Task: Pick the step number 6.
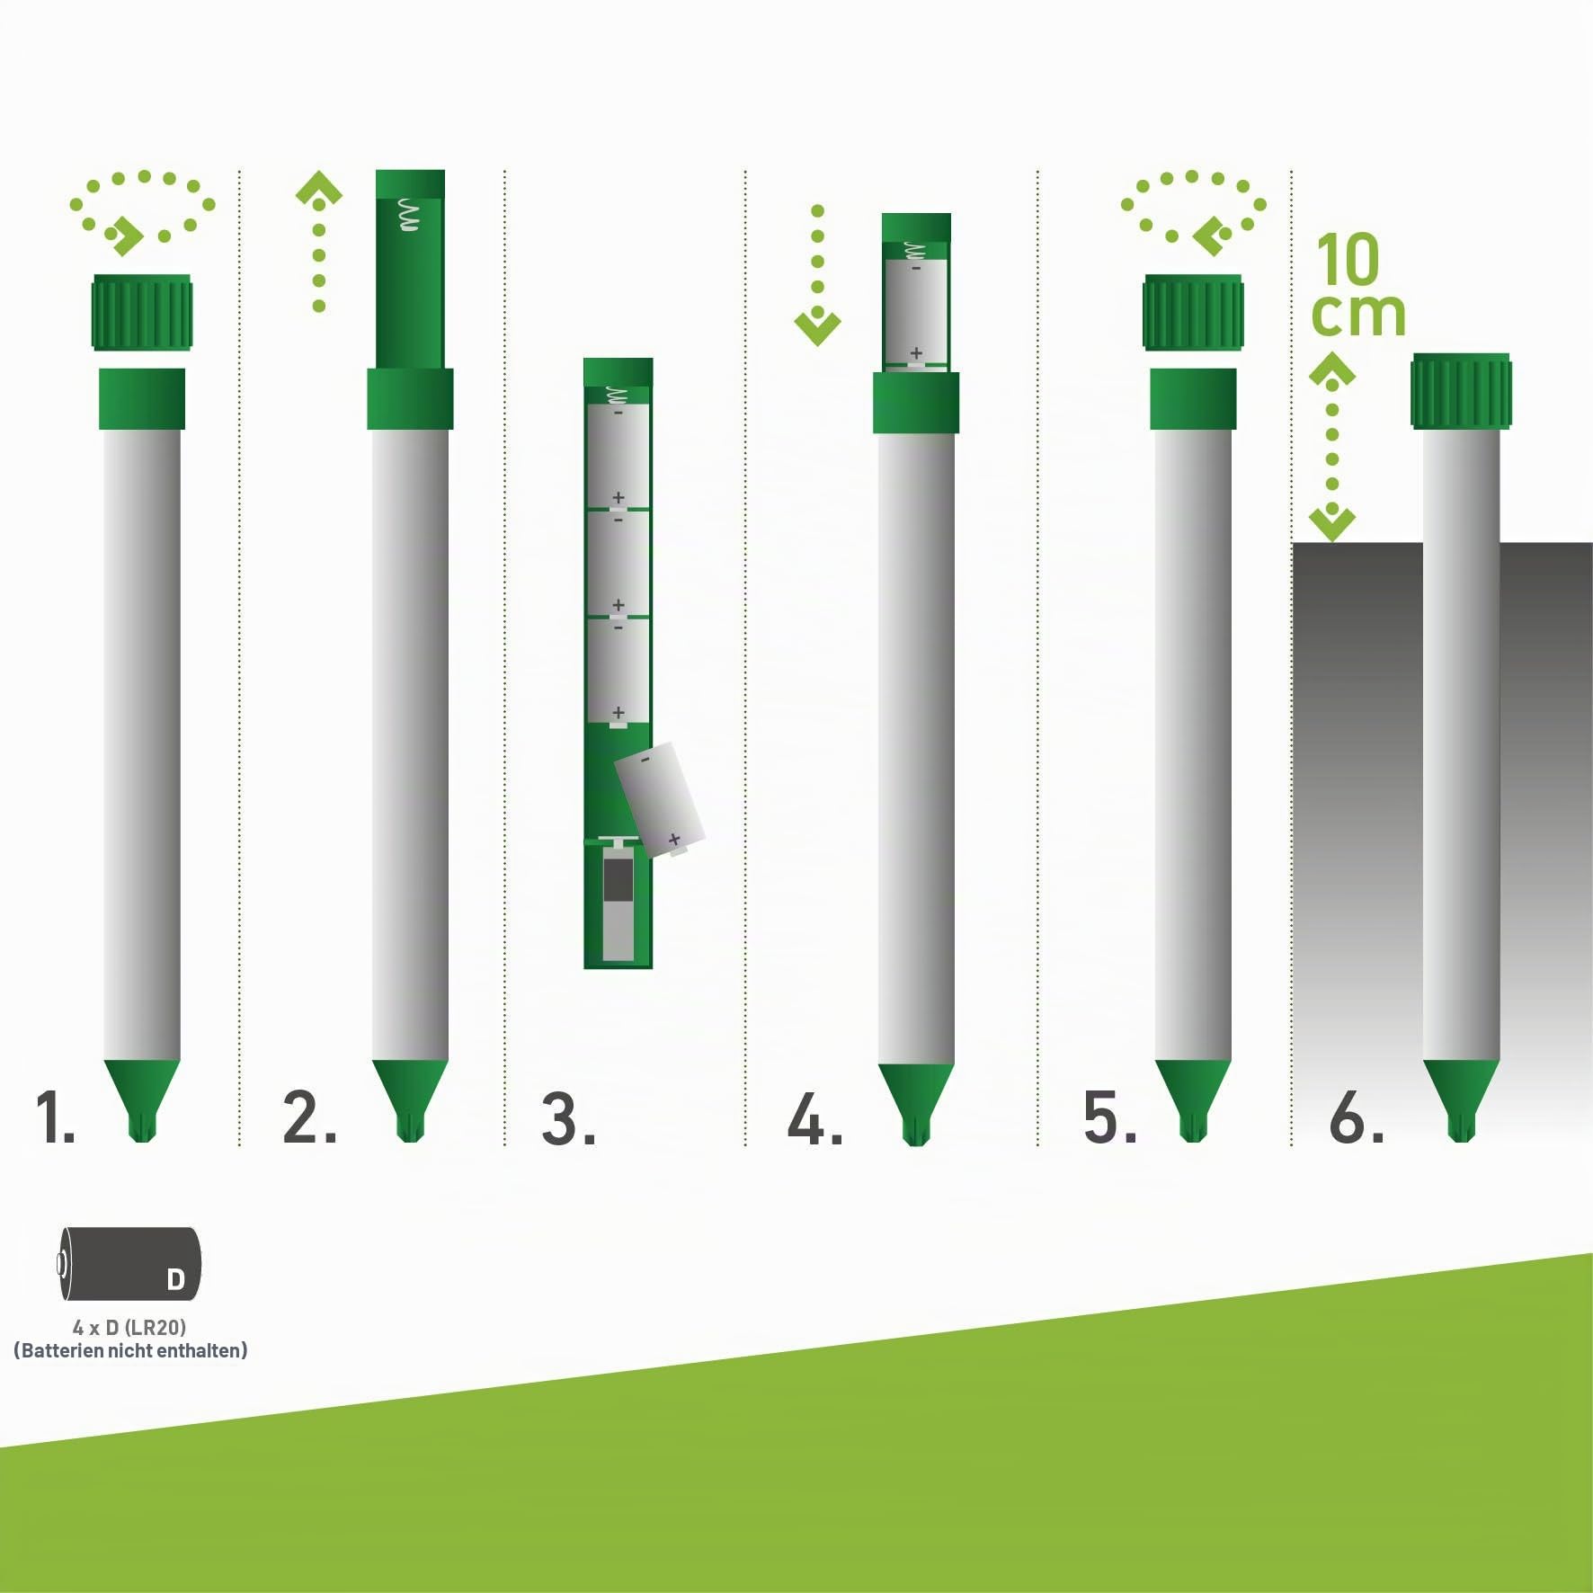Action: [1357, 1119]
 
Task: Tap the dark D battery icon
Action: [129, 1264]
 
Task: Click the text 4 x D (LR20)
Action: [129, 1328]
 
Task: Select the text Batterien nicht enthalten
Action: [130, 1350]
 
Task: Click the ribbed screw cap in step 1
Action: [142, 312]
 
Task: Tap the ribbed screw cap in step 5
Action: [1193, 312]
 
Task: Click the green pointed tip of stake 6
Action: [1461, 1100]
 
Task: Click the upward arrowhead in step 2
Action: [319, 187]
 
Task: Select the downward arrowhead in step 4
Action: [817, 328]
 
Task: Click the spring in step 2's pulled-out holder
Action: [409, 215]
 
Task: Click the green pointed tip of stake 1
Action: [142, 1100]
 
